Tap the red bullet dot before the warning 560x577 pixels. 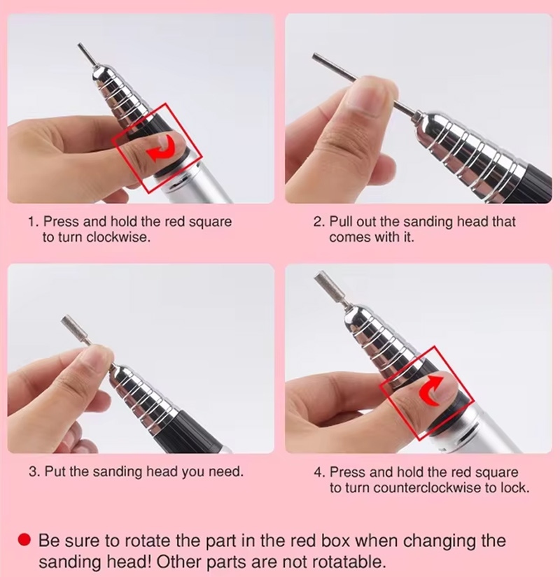[24, 540]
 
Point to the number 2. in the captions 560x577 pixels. [319, 222]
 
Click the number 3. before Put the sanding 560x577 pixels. [35, 471]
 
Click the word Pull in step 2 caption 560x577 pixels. [341, 222]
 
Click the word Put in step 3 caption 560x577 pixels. [55, 471]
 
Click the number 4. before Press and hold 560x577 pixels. [320, 473]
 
